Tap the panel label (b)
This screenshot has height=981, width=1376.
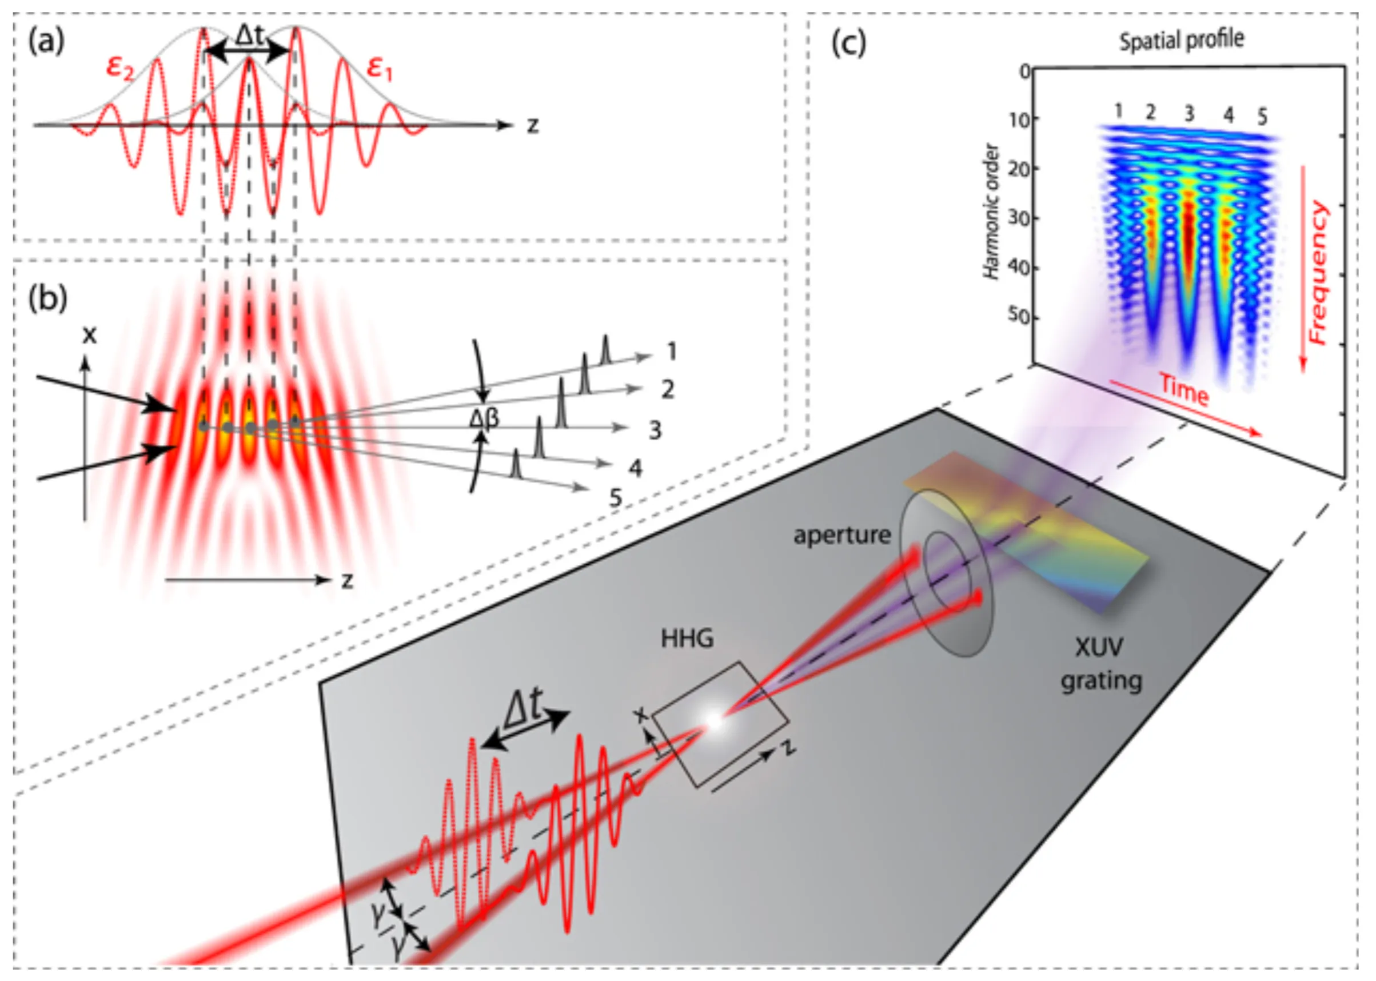(47, 298)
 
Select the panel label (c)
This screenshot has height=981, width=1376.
(848, 43)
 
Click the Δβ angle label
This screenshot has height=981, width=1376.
(484, 418)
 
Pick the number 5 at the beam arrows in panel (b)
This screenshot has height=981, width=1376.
(615, 498)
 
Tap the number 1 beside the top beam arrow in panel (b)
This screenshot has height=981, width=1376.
(671, 351)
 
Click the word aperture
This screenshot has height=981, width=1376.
(842, 535)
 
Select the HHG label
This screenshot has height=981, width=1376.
(687, 639)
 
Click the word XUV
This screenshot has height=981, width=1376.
(1099, 647)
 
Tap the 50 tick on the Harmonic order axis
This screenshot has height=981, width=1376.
(1018, 317)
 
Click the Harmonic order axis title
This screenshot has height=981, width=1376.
(991, 212)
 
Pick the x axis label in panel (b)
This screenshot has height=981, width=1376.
(89, 334)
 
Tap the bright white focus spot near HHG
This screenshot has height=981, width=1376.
(713, 721)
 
